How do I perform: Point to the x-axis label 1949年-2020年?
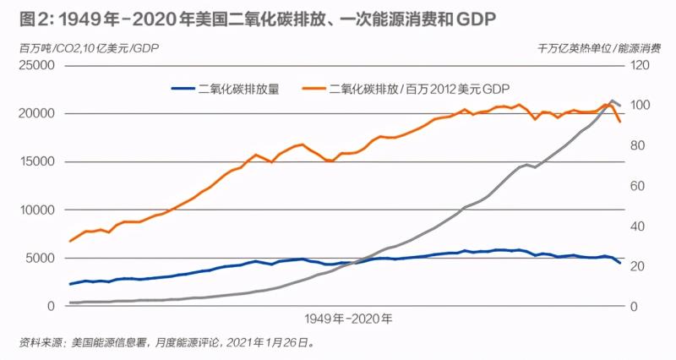click(x=346, y=319)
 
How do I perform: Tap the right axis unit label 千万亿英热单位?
click(x=575, y=46)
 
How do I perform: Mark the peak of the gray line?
click(x=613, y=101)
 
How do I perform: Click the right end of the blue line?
click(x=620, y=263)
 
